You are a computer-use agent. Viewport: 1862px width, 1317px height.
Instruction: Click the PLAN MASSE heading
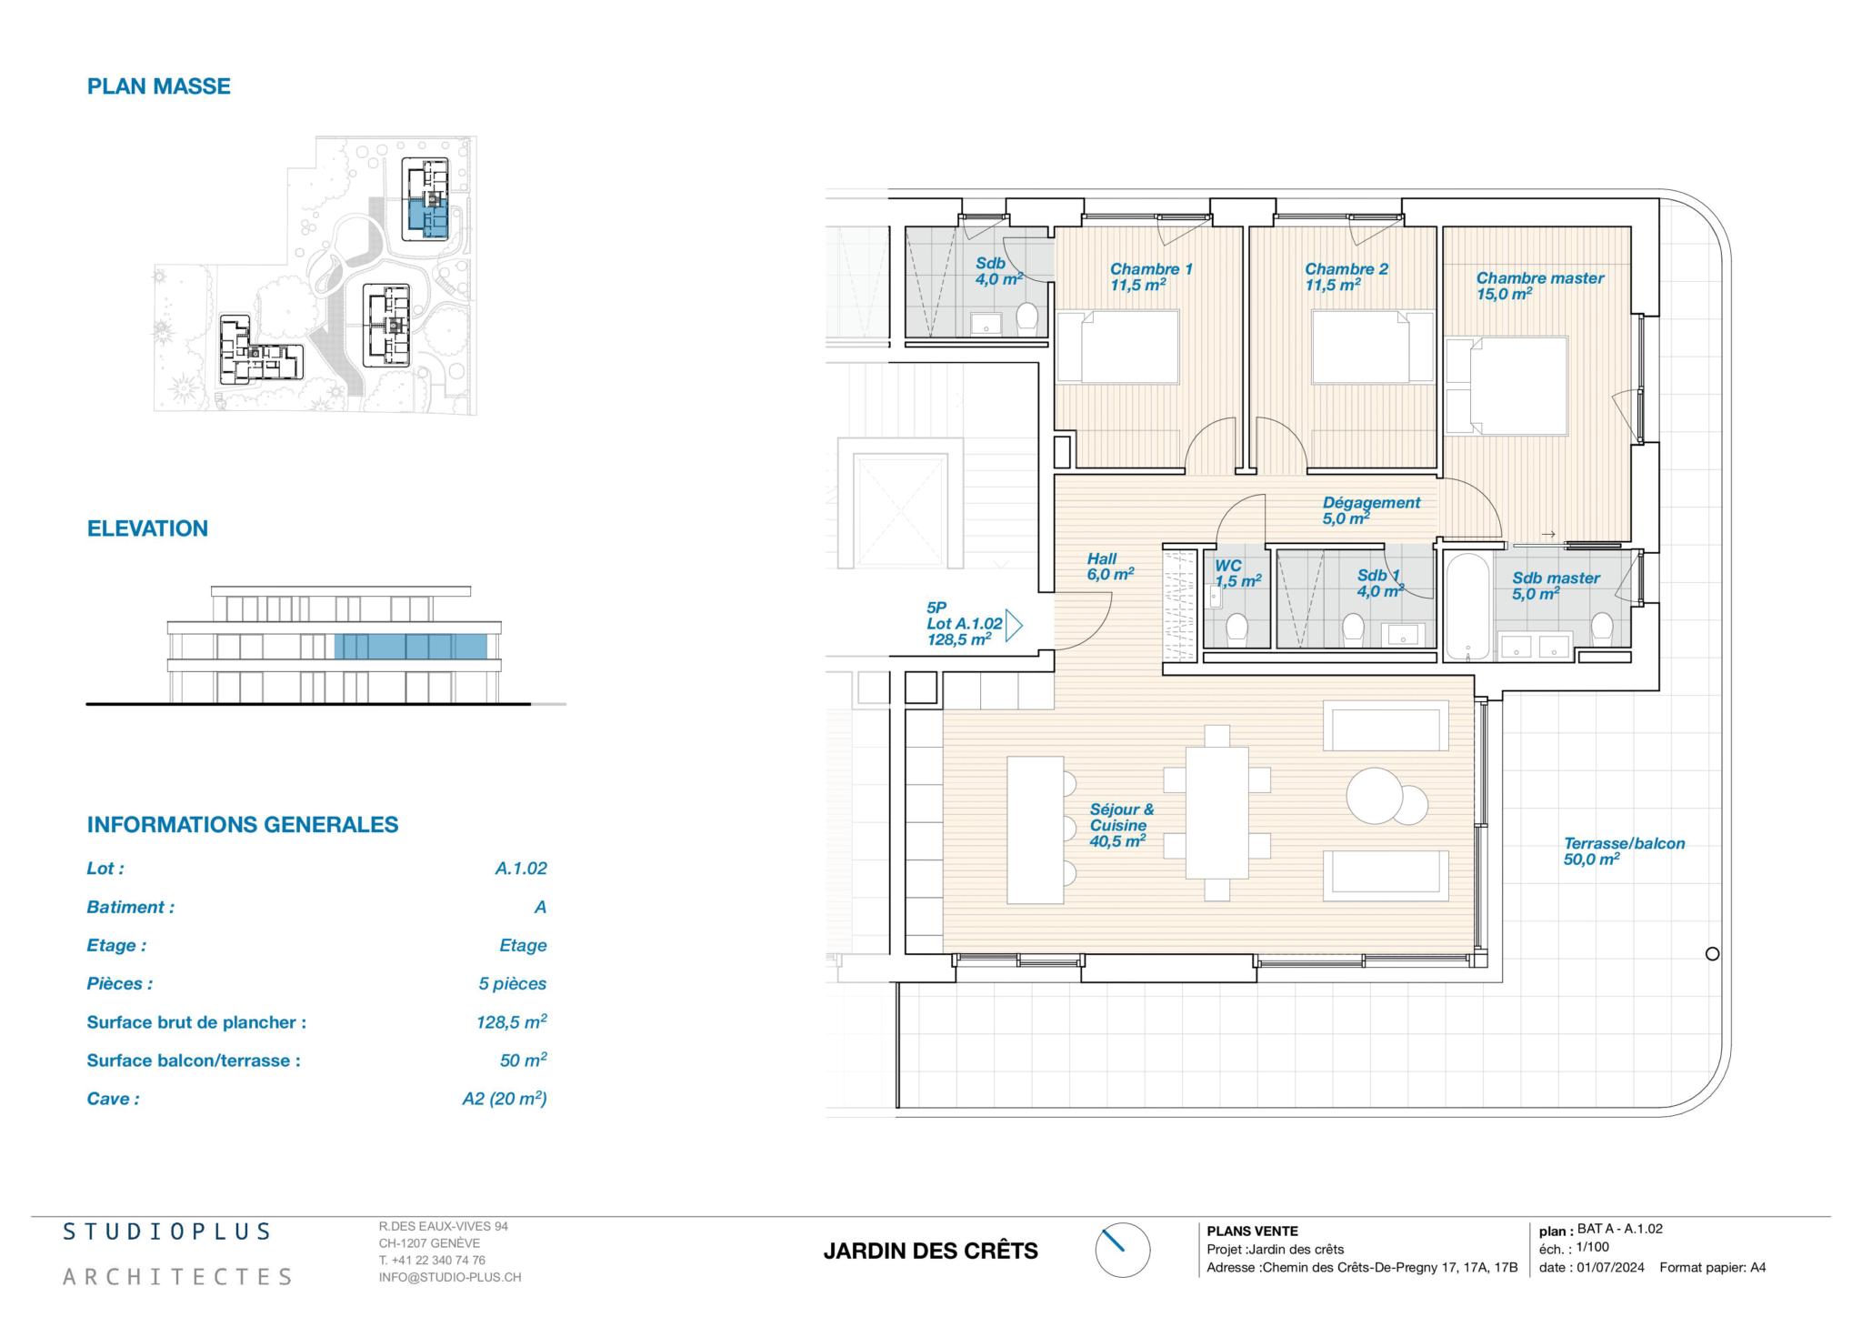(158, 86)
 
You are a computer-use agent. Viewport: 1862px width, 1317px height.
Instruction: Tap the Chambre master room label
(1539, 278)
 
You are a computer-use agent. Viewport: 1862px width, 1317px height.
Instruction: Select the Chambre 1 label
(1151, 269)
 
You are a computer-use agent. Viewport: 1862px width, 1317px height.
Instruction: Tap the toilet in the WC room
(1236, 628)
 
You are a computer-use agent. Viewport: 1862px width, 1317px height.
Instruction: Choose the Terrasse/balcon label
(1624, 844)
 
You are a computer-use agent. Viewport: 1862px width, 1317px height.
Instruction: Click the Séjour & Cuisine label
(1121, 818)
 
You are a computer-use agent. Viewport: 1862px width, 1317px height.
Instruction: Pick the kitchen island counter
(1035, 829)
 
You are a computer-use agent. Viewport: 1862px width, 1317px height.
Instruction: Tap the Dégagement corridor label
(1371, 502)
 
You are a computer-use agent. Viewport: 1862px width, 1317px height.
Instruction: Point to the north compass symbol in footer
(1122, 1250)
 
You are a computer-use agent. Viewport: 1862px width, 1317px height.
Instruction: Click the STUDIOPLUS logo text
(166, 1232)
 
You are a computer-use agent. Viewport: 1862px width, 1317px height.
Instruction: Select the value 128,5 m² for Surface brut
(512, 1021)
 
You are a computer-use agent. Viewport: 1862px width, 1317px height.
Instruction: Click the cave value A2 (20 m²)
(505, 1099)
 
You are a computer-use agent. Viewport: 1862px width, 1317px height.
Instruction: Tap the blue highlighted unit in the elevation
(410, 647)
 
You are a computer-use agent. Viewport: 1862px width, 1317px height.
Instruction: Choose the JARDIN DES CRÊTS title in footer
(930, 1252)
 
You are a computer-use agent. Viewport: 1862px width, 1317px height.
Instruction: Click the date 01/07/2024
(1610, 1267)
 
